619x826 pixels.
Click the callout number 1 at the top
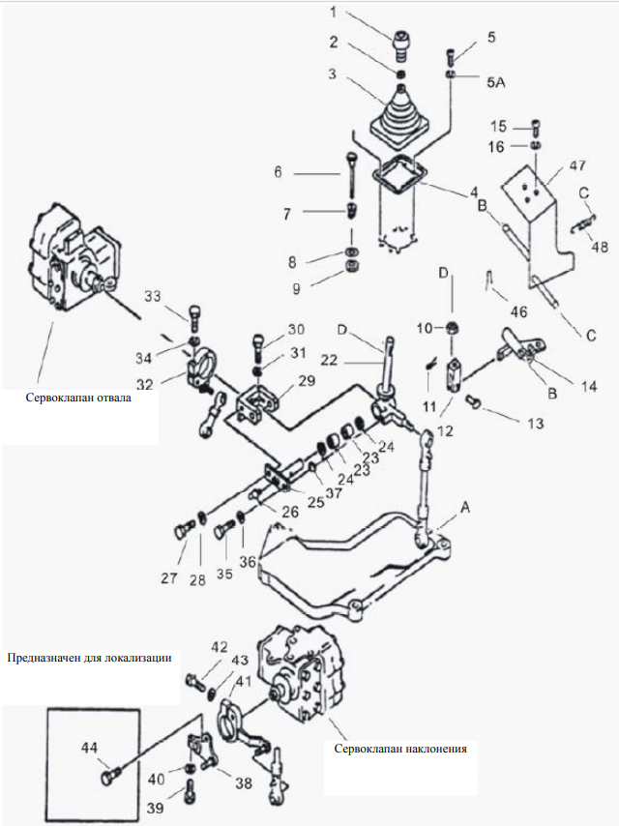point(333,12)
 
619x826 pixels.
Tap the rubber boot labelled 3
point(400,115)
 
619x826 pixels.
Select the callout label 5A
point(496,82)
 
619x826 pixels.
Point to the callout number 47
point(576,165)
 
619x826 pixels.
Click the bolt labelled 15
point(536,128)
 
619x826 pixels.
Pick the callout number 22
point(328,361)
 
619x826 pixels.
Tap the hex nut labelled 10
point(452,328)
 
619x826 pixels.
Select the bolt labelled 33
point(194,316)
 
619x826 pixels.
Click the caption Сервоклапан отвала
point(78,398)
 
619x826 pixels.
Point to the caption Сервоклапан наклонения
point(400,749)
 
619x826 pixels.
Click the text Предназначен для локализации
point(89,658)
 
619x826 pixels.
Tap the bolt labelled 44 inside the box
point(109,777)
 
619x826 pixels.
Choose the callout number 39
point(155,808)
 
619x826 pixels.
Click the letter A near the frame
point(464,507)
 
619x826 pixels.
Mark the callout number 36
point(247,562)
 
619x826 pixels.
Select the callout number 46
point(519,311)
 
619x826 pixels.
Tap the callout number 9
point(296,288)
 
